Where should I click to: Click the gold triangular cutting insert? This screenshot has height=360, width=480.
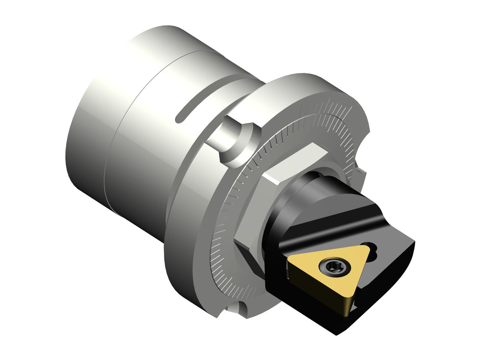pyautogui.click(x=320, y=276)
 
